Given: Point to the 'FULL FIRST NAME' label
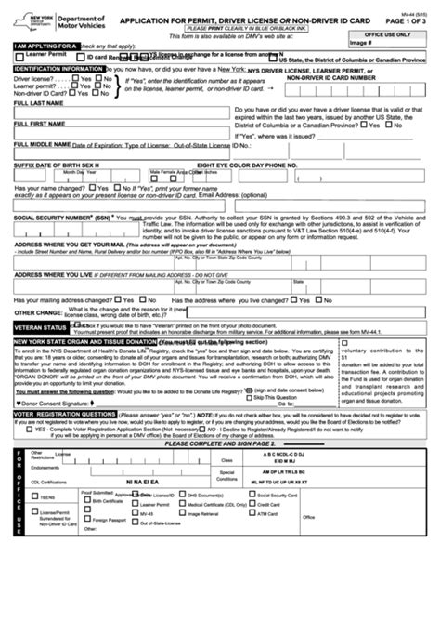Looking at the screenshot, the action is click(39, 123).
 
